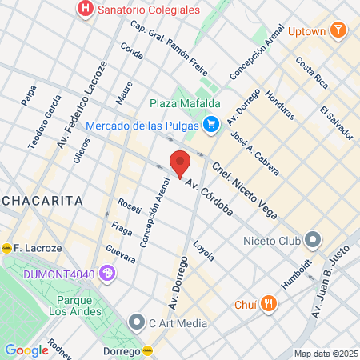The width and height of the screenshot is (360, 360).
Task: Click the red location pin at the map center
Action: tap(181, 162)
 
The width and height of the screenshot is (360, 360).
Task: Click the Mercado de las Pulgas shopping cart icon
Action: tap(210, 124)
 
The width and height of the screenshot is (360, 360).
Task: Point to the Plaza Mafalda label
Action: tap(185, 102)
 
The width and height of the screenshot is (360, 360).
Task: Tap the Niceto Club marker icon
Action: tap(313, 239)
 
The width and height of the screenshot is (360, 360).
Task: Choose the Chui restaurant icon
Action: tap(268, 304)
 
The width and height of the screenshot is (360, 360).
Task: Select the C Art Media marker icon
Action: tap(135, 323)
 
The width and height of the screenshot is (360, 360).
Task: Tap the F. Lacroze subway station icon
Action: tap(7, 246)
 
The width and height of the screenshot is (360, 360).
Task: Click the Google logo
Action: tap(26, 350)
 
